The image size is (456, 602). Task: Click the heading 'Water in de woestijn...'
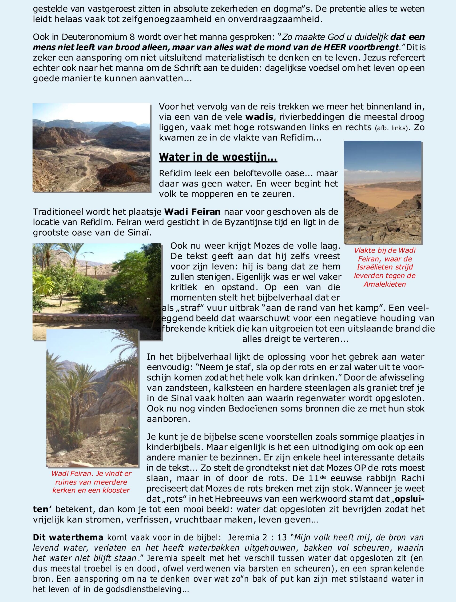click(x=218, y=157)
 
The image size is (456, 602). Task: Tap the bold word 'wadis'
click(x=259, y=117)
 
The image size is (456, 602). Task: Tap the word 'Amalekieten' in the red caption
click(x=385, y=284)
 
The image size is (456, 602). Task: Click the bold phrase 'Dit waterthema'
click(x=68, y=538)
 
